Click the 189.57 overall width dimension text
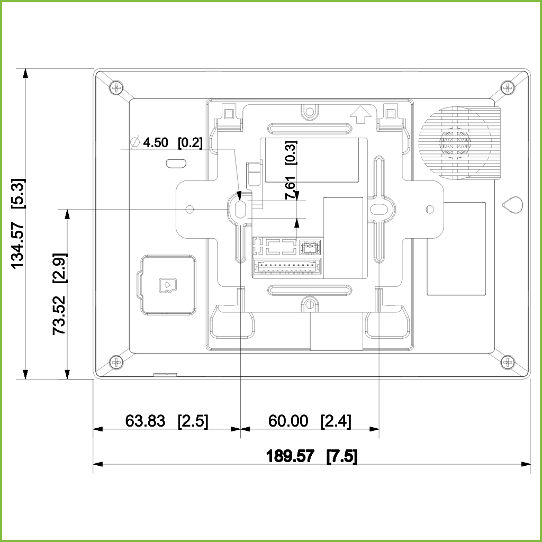[x=291, y=456]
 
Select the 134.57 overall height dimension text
[x=17, y=246]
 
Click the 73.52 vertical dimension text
[x=59, y=315]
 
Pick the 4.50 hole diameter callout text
[x=156, y=142]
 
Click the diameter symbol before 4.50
[x=134, y=142]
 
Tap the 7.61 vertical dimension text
[x=291, y=188]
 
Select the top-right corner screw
[x=508, y=87]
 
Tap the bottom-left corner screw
[x=116, y=362]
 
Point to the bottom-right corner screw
[x=508, y=362]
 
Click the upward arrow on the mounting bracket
[x=360, y=114]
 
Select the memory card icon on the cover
[x=168, y=285]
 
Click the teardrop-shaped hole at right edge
[x=512, y=205]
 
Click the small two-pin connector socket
[x=310, y=248]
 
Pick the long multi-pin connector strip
[x=286, y=267]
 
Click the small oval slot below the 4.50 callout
[x=176, y=163]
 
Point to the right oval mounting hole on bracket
[x=379, y=209]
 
